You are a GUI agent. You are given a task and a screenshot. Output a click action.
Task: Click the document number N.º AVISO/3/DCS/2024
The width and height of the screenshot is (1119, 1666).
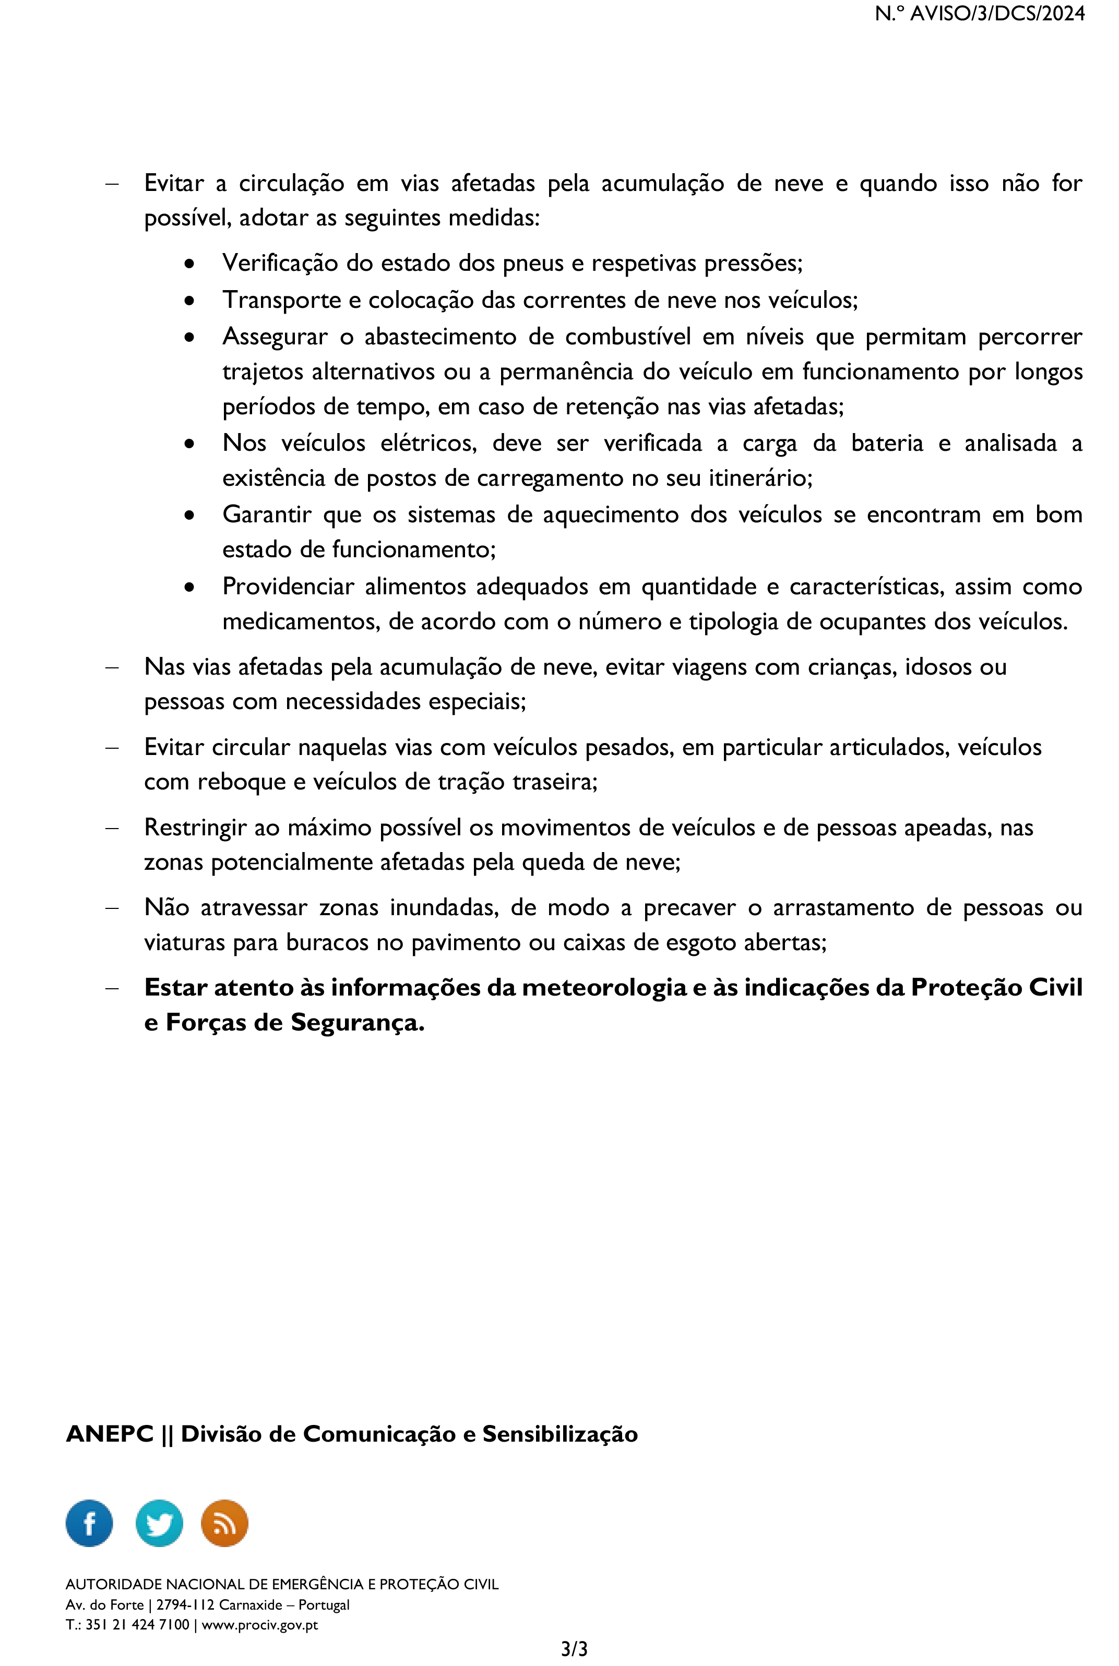(979, 14)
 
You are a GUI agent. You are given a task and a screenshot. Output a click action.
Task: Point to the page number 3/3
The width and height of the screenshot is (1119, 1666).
(574, 1649)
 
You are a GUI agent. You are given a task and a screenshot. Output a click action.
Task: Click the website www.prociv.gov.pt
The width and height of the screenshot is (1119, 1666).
(260, 1625)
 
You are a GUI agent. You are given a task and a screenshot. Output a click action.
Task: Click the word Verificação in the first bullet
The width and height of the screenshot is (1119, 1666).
(280, 263)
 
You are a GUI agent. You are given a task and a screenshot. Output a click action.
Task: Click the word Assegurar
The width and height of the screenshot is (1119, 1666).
(275, 336)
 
